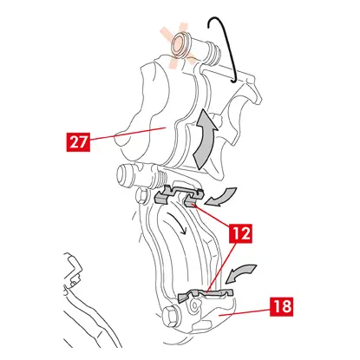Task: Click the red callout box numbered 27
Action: click(x=78, y=141)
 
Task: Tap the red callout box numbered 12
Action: click(x=240, y=233)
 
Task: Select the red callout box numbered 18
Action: click(x=282, y=306)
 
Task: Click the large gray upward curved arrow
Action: click(x=205, y=139)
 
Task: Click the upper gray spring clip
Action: click(x=179, y=195)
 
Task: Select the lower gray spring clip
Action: click(x=205, y=294)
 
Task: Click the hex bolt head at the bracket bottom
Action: click(x=170, y=316)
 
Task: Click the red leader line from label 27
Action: click(x=128, y=134)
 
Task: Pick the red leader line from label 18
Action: click(x=245, y=312)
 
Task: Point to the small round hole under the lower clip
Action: click(x=194, y=305)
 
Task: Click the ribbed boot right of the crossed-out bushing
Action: click(x=213, y=53)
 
